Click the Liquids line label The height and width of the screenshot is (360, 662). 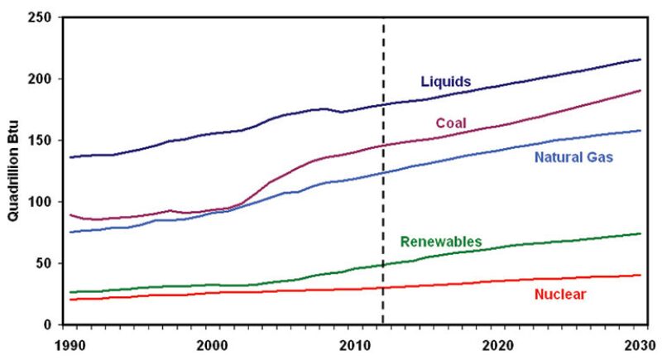tap(446, 82)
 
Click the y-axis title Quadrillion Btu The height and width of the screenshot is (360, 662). tap(15, 170)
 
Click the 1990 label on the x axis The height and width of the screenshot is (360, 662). tap(71, 343)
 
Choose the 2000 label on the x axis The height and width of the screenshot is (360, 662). tap(213, 343)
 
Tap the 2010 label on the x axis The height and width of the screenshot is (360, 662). tap(355, 343)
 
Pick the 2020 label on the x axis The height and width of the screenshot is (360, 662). tap(497, 343)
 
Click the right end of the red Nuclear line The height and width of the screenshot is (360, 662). tap(640, 276)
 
